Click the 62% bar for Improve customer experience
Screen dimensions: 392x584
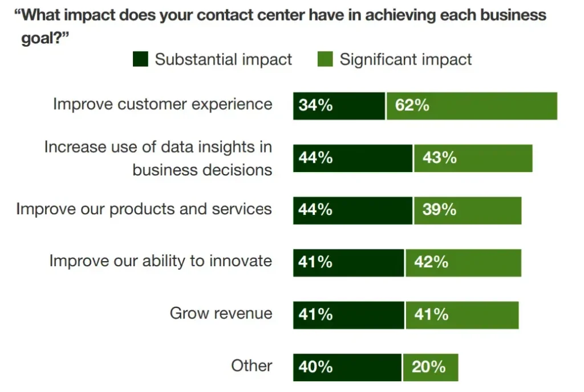[472, 106]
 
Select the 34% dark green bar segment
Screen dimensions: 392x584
[339, 106]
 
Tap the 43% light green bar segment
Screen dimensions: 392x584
[473, 158]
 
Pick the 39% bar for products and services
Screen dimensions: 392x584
[467, 210]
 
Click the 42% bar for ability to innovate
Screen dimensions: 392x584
[463, 263]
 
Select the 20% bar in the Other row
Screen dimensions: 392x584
[430, 367]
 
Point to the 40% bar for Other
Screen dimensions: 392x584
[347, 367]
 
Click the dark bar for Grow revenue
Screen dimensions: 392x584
[348, 315]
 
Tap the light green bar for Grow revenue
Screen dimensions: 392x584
[462, 315]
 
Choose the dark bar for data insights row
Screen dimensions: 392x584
[352, 158]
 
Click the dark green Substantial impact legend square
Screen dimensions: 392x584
[140, 59]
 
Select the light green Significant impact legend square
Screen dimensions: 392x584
[325, 59]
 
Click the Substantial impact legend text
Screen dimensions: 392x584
[224, 59]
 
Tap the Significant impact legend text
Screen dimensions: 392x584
[406, 59]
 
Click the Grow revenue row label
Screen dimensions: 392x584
[221, 313]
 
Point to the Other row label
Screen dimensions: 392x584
[252, 366]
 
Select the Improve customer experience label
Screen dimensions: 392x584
[163, 104]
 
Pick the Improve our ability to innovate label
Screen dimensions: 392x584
[161, 261]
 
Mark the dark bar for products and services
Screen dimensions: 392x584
[352, 210]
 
